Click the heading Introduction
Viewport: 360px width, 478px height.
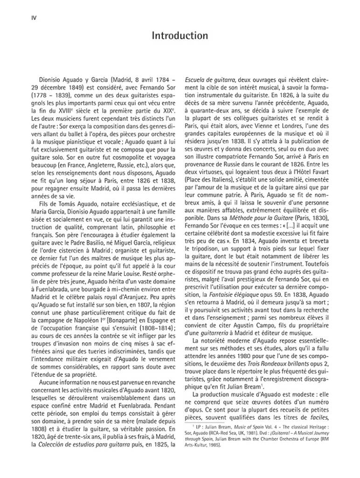tap(180, 35)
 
